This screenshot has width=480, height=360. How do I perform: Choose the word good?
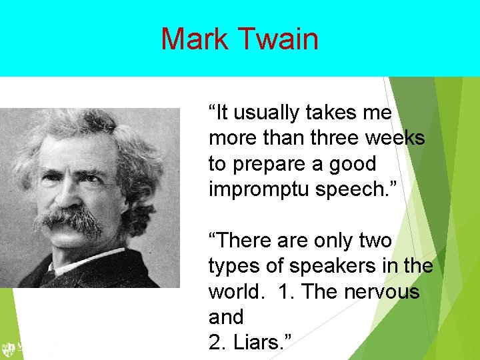pos(353,164)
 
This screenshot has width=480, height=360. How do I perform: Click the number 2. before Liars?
pos(218,343)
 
